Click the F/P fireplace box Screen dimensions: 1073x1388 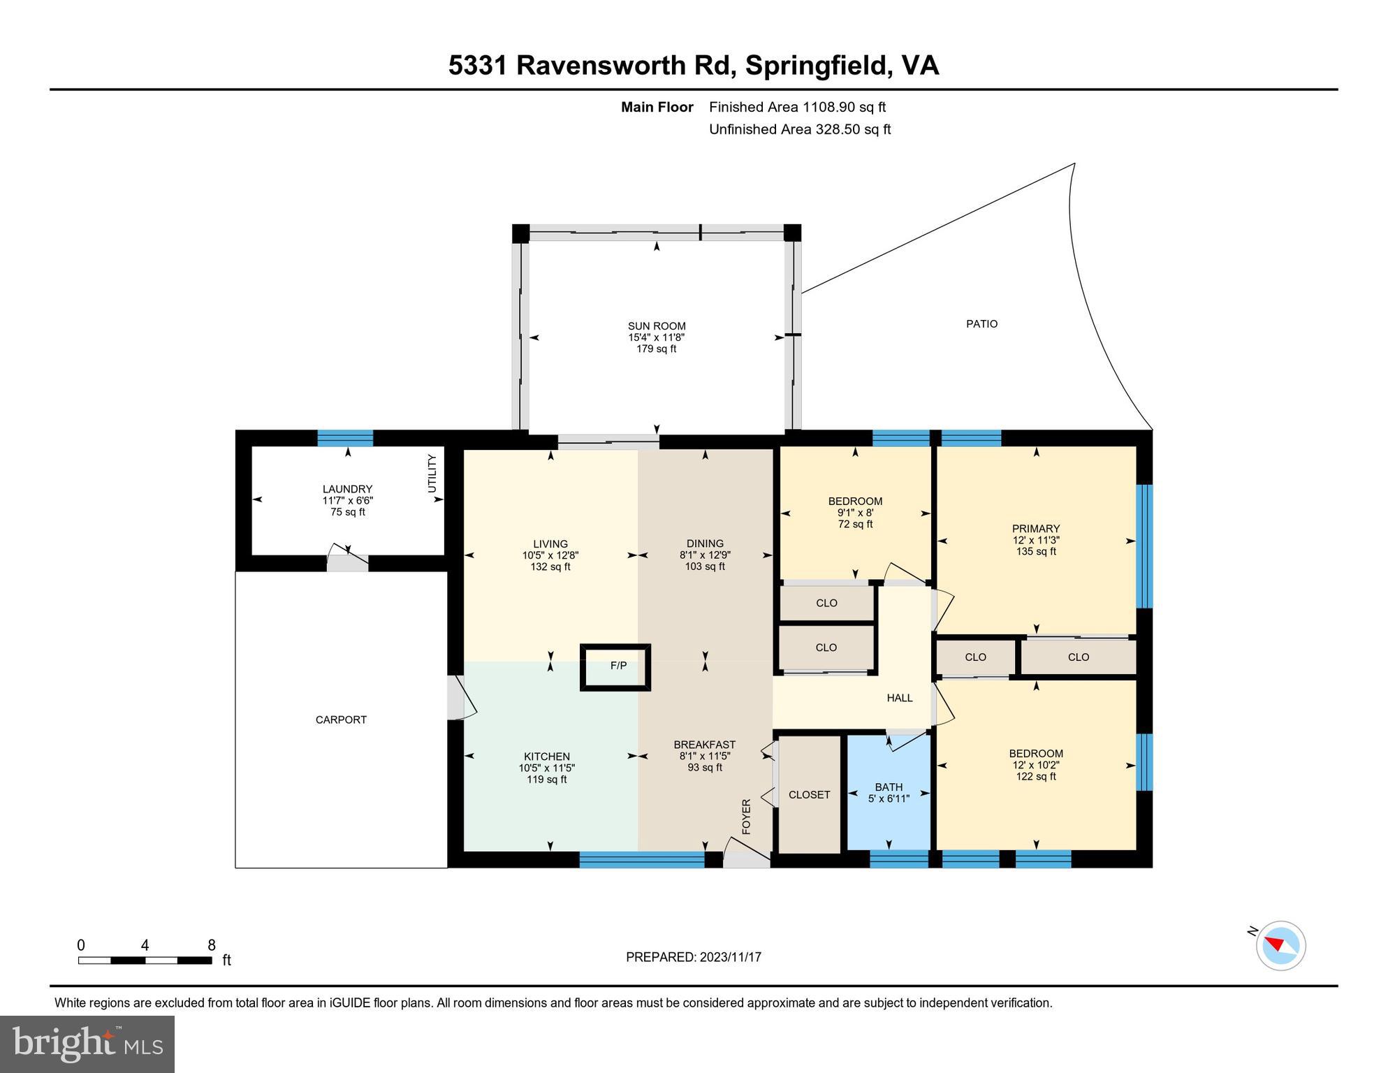pyautogui.click(x=615, y=666)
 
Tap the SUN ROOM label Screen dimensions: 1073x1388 pyautogui.click(x=656, y=326)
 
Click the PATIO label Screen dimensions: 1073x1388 pyautogui.click(x=981, y=324)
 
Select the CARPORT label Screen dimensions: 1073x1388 pyautogui.click(x=341, y=720)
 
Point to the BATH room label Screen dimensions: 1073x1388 pyautogui.click(x=889, y=787)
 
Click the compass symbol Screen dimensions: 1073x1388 pyautogui.click(x=1280, y=945)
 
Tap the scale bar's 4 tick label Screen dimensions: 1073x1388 pyautogui.click(x=145, y=945)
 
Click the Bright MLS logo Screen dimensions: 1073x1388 pyautogui.click(x=87, y=1044)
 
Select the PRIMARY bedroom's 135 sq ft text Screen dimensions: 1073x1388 pyautogui.click(x=1036, y=552)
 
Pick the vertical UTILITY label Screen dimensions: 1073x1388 pyautogui.click(x=432, y=473)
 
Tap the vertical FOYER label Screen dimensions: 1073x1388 pyautogui.click(x=745, y=817)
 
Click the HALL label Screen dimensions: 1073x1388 pyautogui.click(x=899, y=698)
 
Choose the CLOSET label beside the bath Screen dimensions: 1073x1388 pyautogui.click(x=809, y=795)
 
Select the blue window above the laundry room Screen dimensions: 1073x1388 pyautogui.click(x=345, y=438)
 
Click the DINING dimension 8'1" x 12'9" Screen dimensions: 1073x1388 pyautogui.click(x=705, y=555)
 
